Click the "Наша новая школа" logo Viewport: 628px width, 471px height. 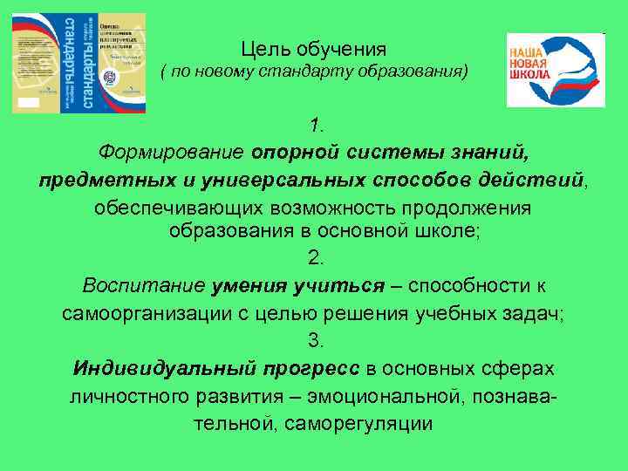coord(555,70)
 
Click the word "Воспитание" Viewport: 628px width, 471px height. coord(143,285)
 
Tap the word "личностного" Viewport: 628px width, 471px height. coord(134,396)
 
